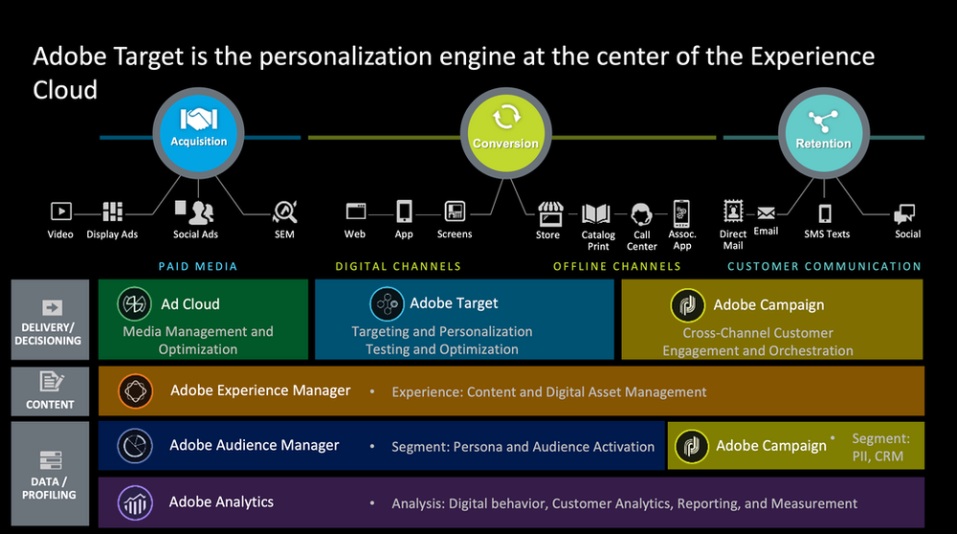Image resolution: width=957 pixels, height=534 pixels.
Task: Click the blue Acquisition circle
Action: pos(198,132)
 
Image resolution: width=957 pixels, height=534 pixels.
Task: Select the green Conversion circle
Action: pos(504,133)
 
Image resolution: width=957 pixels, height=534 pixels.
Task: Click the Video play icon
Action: pos(60,211)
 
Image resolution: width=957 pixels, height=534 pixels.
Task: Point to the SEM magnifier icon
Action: pos(284,211)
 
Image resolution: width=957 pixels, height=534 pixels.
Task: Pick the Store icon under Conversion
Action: pos(548,211)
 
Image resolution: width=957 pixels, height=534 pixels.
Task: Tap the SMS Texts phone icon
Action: pos(825,213)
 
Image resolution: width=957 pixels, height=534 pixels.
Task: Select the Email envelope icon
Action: pos(766,213)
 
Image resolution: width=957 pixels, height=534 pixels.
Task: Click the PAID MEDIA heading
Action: pos(197,266)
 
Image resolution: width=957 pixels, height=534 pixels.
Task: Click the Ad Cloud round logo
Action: pos(134,304)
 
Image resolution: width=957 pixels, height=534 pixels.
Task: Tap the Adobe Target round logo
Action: pos(387,304)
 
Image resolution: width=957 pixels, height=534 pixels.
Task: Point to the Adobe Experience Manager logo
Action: pos(134,390)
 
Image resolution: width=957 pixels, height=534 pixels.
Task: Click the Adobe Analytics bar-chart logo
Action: pos(133,502)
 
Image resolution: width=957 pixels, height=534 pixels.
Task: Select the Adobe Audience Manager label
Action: pos(254,445)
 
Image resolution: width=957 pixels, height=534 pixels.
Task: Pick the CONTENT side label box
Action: pos(50,390)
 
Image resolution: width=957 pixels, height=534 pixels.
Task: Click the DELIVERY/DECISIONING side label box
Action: pos(50,320)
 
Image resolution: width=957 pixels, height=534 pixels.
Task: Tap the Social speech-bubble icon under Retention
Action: pos(905,213)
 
